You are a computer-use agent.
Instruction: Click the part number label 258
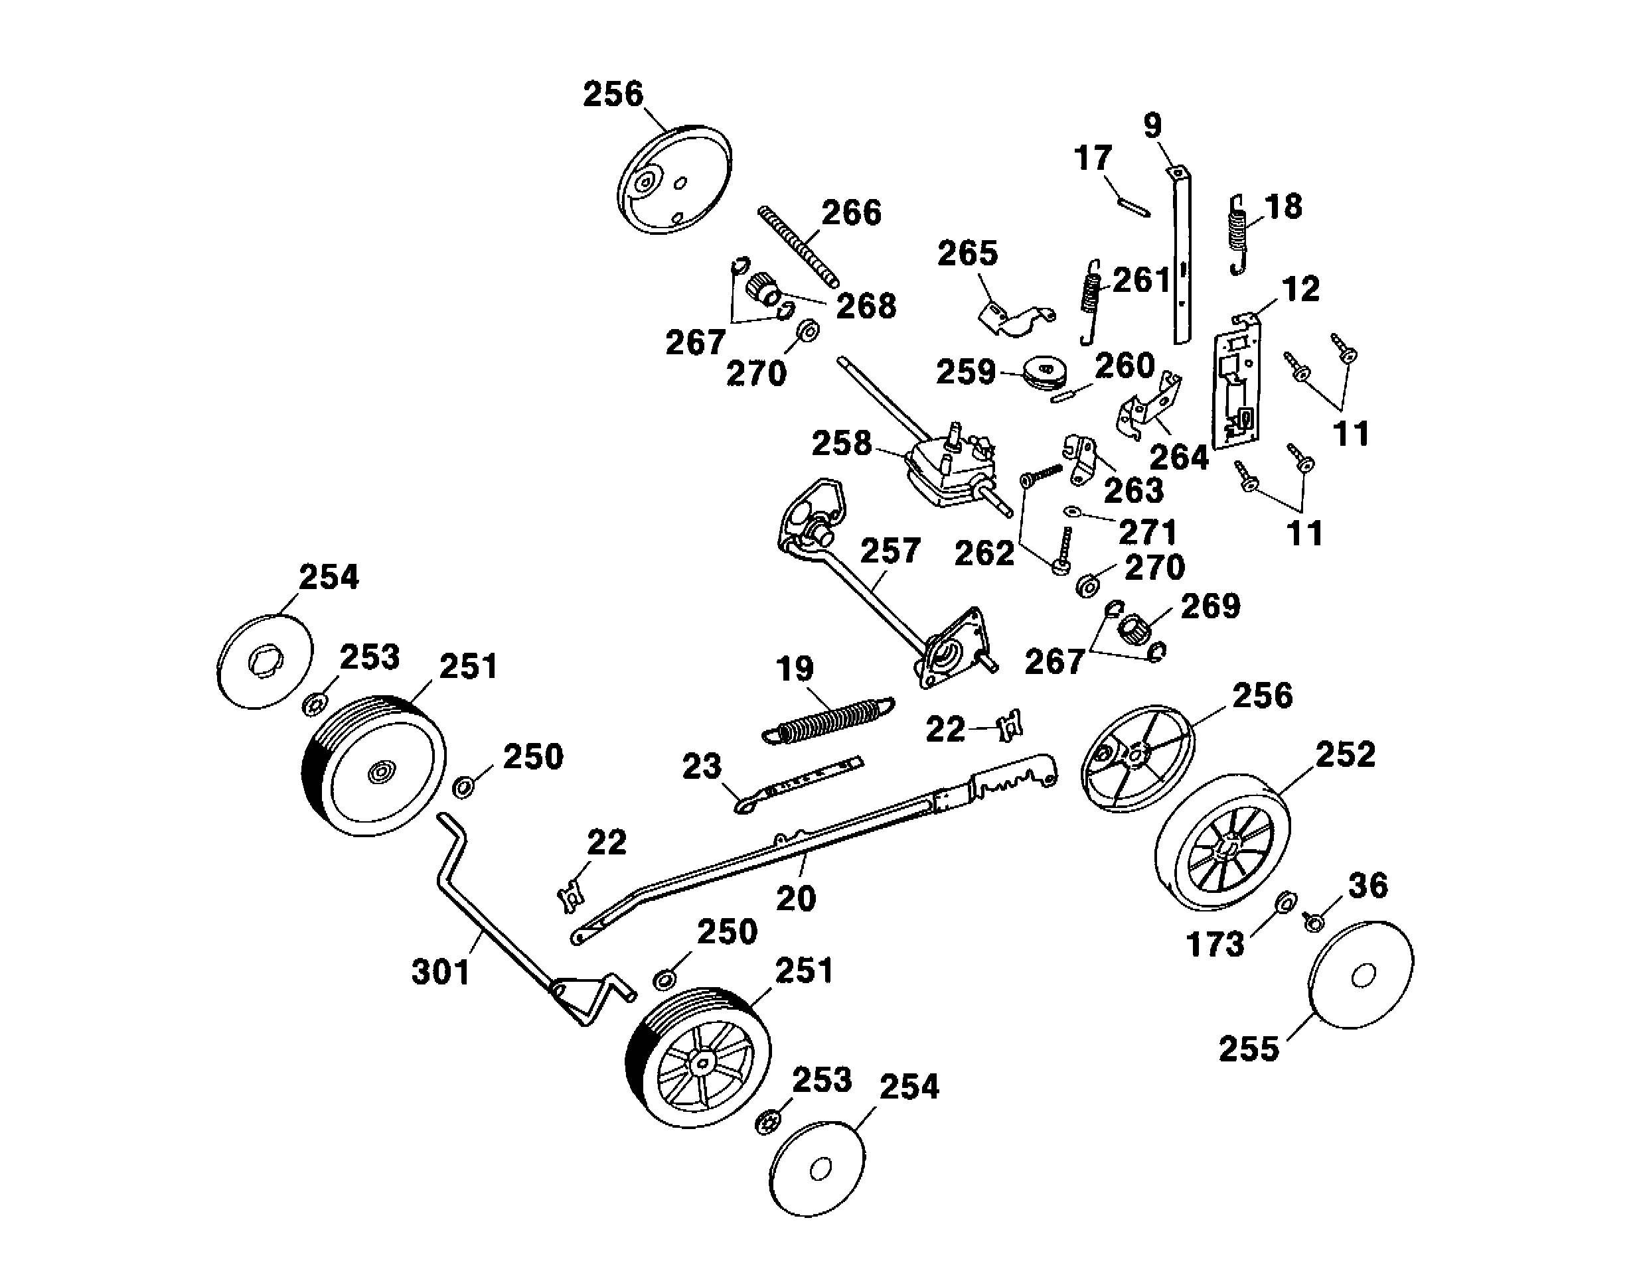click(x=842, y=444)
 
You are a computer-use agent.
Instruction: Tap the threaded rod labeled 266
click(x=797, y=245)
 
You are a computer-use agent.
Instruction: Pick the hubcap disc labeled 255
click(x=1360, y=974)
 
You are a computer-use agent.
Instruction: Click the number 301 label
click(x=441, y=972)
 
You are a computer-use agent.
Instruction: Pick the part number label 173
click(x=1215, y=944)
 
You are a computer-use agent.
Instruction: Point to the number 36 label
click(x=1368, y=886)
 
